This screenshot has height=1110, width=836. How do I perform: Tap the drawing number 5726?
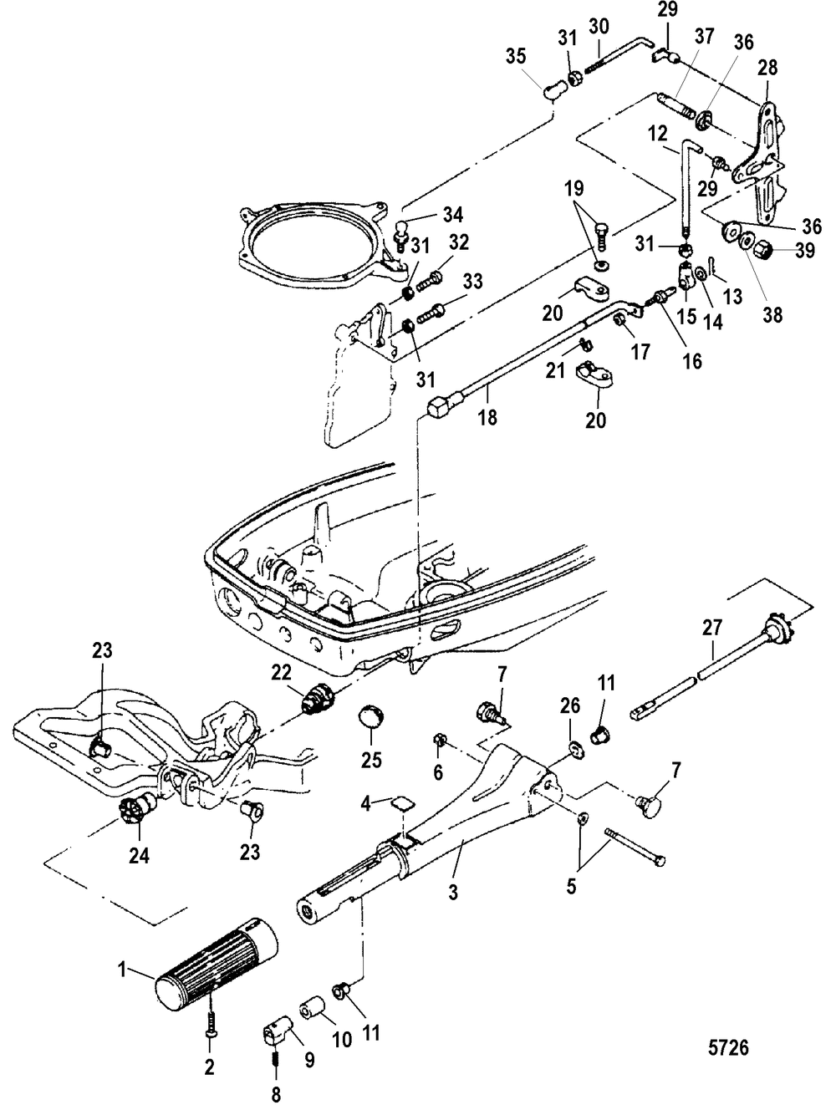(728, 1046)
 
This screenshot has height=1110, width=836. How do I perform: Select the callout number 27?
(711, 628)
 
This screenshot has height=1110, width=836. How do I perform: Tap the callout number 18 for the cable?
(488, 417)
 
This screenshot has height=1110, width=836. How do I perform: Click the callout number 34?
(452, 215)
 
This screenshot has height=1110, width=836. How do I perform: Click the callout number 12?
(657, 135)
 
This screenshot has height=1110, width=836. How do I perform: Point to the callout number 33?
(473, 281)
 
